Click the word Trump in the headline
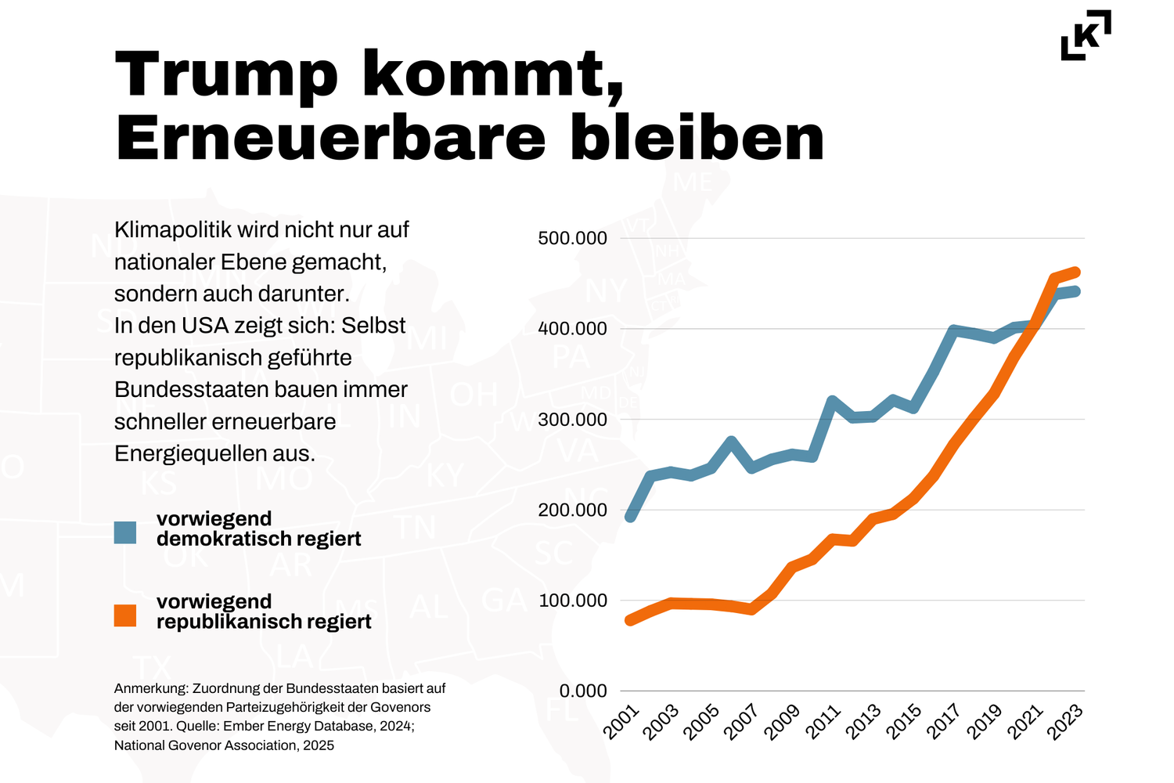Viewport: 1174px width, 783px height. [226, 74]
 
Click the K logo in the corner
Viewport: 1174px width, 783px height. [1086, 35]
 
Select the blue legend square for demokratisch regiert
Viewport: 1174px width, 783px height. [125, 532]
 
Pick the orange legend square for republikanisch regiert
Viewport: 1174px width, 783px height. [125, 615]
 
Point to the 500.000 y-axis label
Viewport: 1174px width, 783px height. [572, 238]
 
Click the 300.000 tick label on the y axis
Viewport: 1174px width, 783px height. [572, 420]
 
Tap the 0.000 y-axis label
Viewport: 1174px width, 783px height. [583, 691]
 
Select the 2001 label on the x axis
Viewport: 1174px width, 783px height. [623, 722]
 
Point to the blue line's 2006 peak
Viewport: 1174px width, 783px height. [732, 442]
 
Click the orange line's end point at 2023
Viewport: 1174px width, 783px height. [1076, 272]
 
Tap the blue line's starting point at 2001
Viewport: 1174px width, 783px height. [630, 517]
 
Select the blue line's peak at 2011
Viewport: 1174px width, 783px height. [832, 401]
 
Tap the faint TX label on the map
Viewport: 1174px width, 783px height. [153, 668]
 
